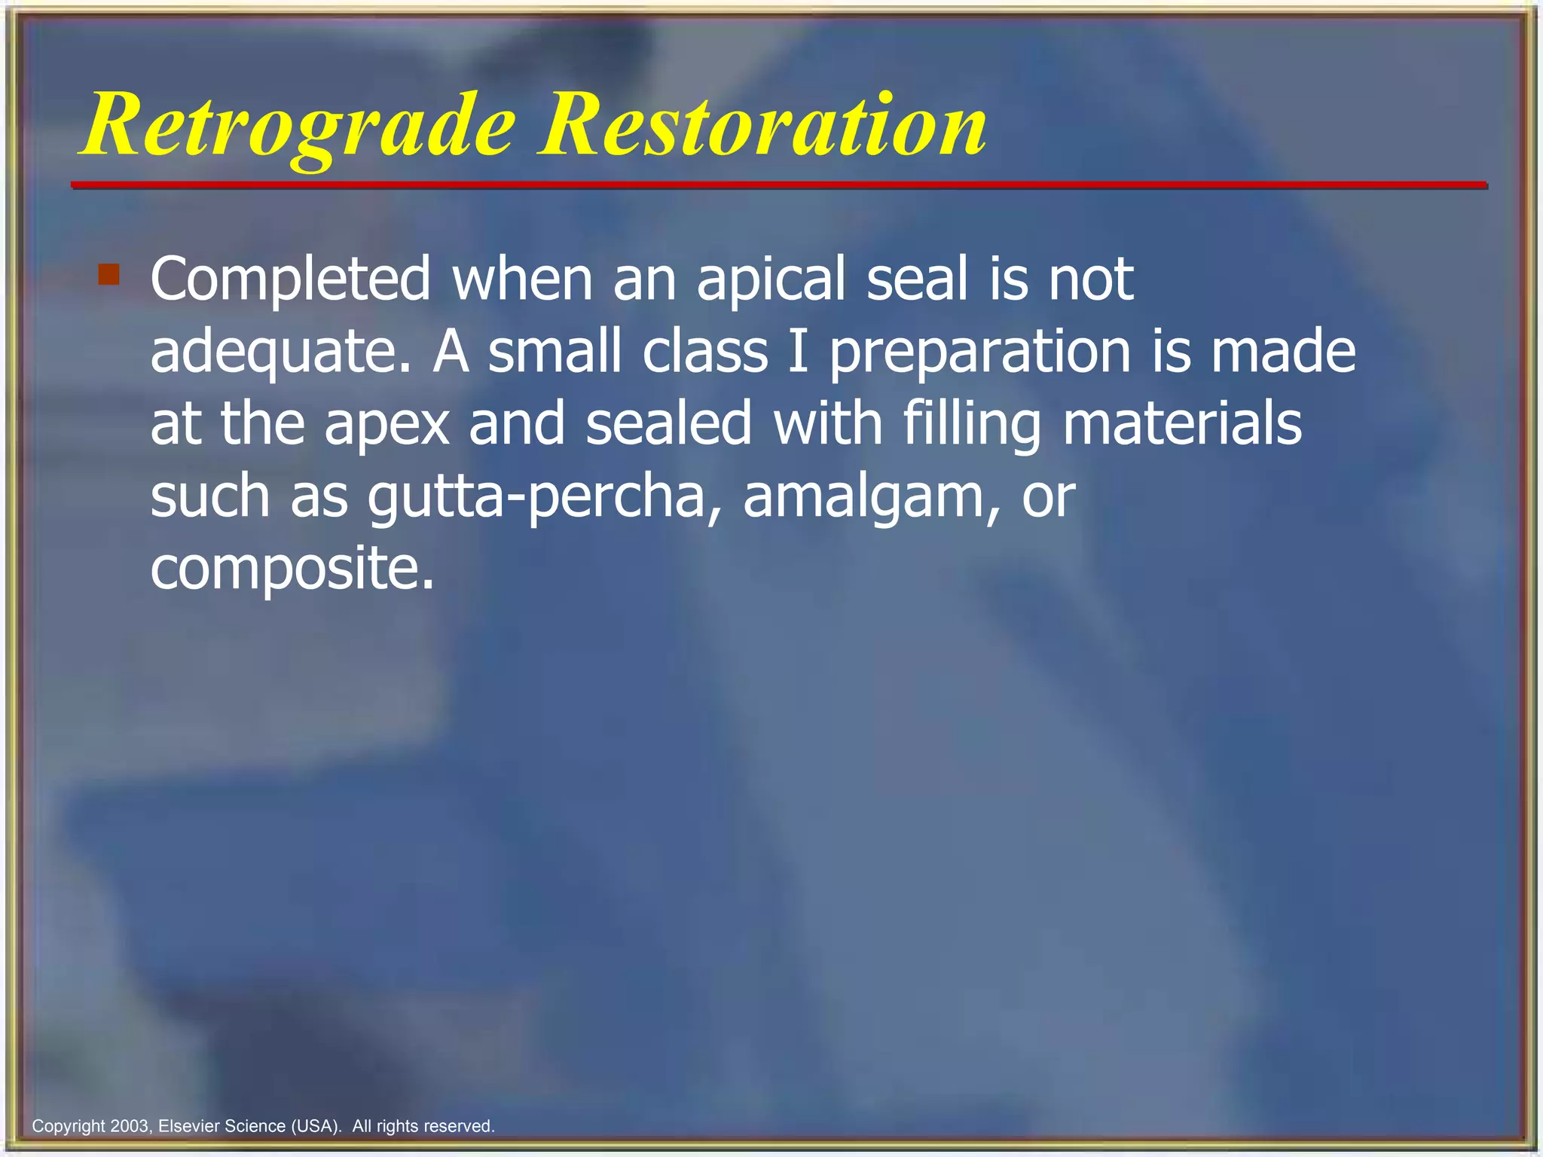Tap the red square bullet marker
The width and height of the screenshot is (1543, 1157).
(109, 274)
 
